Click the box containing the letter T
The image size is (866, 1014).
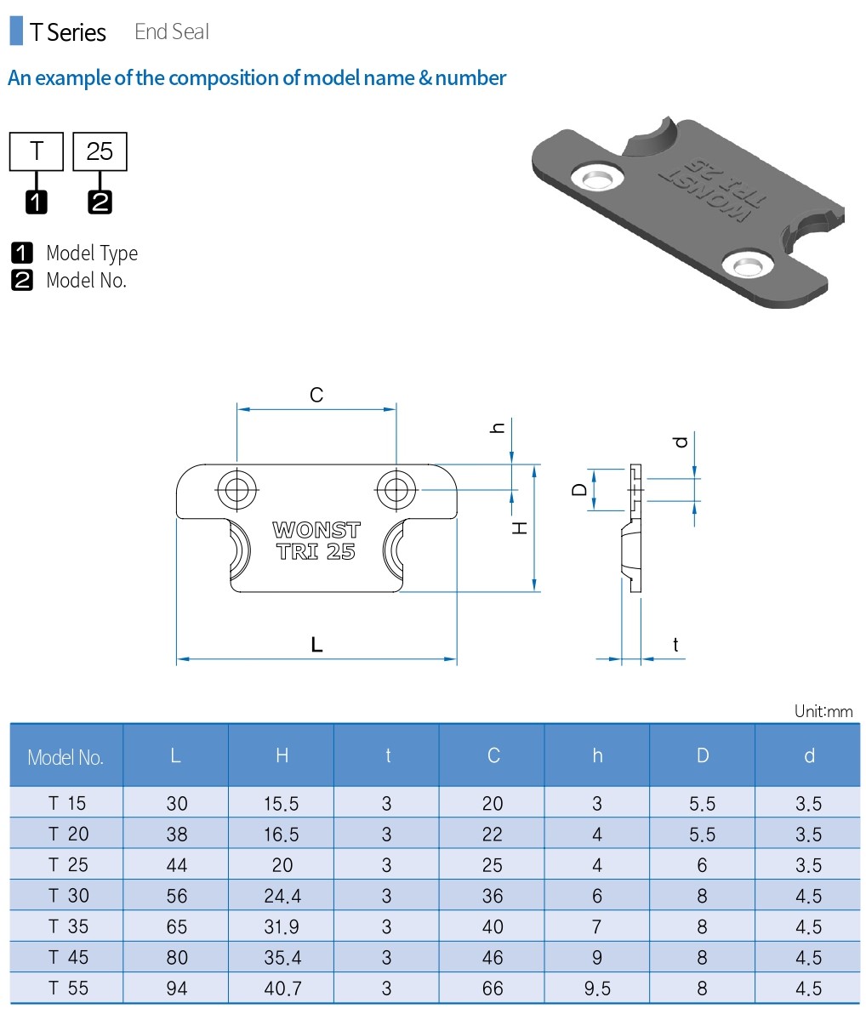click(x=37, y=151)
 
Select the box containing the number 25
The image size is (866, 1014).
click(x=100, y=151)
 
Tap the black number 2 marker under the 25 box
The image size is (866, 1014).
click(x=100, y=202)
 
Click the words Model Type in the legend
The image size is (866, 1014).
click(x=91, y=253)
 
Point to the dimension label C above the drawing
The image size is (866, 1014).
click(x=316, y=395)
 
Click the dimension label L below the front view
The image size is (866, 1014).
click(x=316, y=645)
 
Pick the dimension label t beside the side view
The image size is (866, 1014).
click(x=675, y=645)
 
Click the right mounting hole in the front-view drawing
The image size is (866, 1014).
click(x=396, y=489)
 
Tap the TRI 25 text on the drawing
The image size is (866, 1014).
click(x=316, y=551)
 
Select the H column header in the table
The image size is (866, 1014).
click(x=282, y=755)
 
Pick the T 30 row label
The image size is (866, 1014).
click(x=67, y=896)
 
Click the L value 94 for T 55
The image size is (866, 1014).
click(x=176, y=988)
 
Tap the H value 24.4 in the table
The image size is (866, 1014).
click(x=282, y=896)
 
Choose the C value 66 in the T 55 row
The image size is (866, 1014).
click(x=493, y=988)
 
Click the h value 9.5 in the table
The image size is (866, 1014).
click(x=597, y=988)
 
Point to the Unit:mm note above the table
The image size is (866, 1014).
click(x=823, y=711)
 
